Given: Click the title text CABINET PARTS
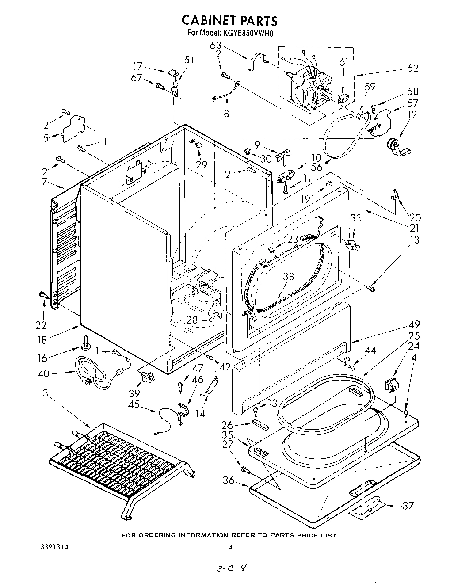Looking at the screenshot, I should [230, 20].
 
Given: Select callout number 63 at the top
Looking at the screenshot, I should [215, 46].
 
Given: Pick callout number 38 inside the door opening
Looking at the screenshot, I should [288, 277].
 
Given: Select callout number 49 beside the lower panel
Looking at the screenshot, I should [414, 324].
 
